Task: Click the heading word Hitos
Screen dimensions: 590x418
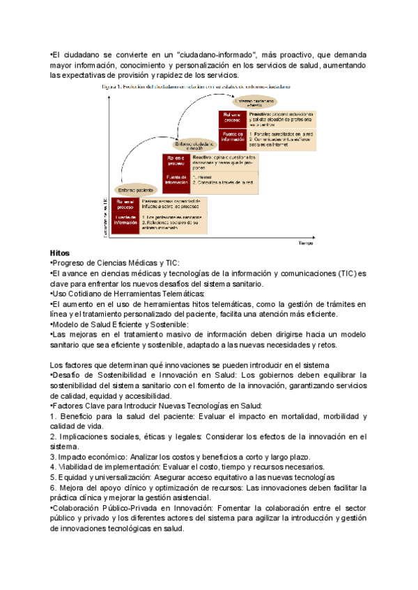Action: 61,252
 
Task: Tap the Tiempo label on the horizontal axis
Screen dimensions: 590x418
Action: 307,244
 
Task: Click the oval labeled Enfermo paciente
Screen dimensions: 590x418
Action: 135,189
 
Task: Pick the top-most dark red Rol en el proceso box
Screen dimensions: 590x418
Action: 233,117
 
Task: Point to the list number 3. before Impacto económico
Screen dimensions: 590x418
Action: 54,456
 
